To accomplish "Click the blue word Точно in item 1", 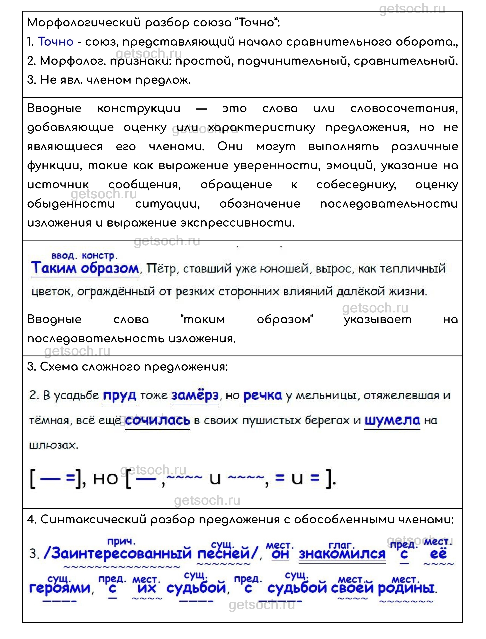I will (x=56, y=42).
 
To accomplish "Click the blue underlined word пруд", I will (x=120, y=395).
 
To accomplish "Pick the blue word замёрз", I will (x=195, y=395).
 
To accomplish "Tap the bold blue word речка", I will (x=263, y=395).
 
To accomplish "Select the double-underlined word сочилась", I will (x=158, y=420).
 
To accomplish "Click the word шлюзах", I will (x=54, y=445).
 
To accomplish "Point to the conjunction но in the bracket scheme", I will (x=106, y=479).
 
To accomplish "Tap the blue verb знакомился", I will (x=342, y=554).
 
